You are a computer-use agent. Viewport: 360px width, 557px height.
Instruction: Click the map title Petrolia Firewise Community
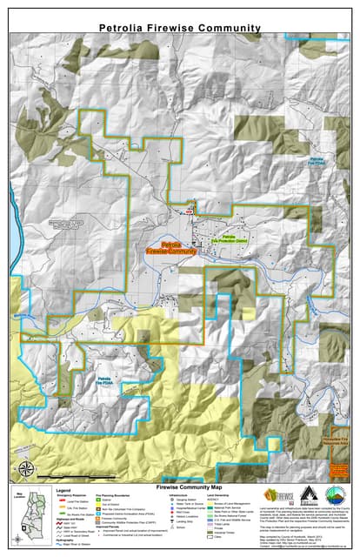click(x=179, y=29)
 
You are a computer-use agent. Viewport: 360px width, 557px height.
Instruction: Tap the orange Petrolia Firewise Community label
click(x=170, y=247)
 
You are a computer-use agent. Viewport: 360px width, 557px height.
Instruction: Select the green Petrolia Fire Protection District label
click(x=229, y=238)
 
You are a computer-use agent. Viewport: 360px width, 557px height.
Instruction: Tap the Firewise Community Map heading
click(x=180, y=487)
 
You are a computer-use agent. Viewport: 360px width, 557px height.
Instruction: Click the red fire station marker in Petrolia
click(x=184, y=210)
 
